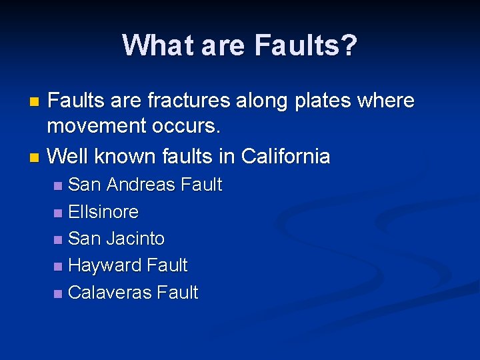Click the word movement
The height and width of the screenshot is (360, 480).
tap(95, 125)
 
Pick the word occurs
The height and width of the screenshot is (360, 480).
tap(181, 125)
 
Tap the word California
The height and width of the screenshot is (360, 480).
tap(286, 157)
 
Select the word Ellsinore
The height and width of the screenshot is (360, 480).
tap(103, 212)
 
